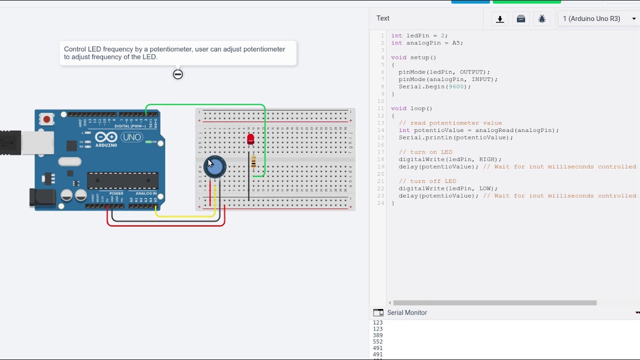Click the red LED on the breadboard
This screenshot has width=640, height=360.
click(250, 139)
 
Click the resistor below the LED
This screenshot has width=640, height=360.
click(253, 162)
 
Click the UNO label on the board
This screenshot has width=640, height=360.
click(131, 137)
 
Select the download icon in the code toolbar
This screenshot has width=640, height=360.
click(499, 19)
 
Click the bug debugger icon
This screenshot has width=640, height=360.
click(542, 19)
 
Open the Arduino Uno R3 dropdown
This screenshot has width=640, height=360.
click(599, 19)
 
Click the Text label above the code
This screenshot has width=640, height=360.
click(383, 18)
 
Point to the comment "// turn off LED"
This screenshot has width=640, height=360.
click(427, 181)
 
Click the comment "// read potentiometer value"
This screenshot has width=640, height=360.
click(450, 123)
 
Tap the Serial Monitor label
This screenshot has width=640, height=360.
click(407, 312)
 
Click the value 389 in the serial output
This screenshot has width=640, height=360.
click(377, 335)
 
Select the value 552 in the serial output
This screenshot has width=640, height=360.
click(377, 342)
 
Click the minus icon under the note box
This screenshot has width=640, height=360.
click(178, 74)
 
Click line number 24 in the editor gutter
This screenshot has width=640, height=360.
click(381, 203)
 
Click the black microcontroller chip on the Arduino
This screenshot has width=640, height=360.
click(122, 181)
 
